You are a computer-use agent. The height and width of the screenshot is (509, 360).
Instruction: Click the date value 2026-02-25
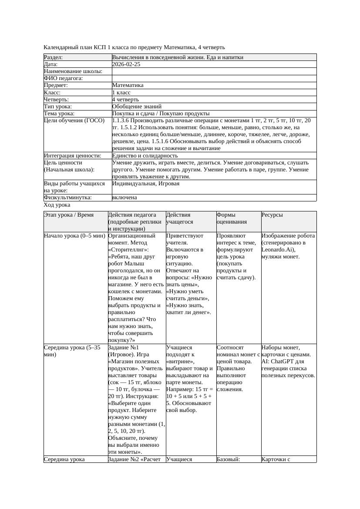(x=126, y=64)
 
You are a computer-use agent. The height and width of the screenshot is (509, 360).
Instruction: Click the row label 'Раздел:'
(x=54, y=57)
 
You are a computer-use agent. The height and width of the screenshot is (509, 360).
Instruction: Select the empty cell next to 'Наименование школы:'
(x=213, y=71)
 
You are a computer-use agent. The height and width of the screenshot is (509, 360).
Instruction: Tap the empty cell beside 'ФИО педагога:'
(x=213, y=78)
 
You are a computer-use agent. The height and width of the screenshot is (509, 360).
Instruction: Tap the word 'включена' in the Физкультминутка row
(x=124, y=198)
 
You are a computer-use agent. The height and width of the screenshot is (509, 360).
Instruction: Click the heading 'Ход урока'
(x=57, y=204)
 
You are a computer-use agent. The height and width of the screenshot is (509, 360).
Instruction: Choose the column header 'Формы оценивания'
(x=231, y=218)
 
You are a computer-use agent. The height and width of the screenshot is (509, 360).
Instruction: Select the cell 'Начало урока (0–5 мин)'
(x=75, y=236)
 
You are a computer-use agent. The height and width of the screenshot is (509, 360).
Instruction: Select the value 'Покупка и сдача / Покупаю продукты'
(x=161, y=113)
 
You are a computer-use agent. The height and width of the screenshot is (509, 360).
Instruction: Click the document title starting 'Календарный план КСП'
(x=134, y=47)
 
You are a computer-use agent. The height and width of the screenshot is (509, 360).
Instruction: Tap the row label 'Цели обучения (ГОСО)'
(x=74, y=121)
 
